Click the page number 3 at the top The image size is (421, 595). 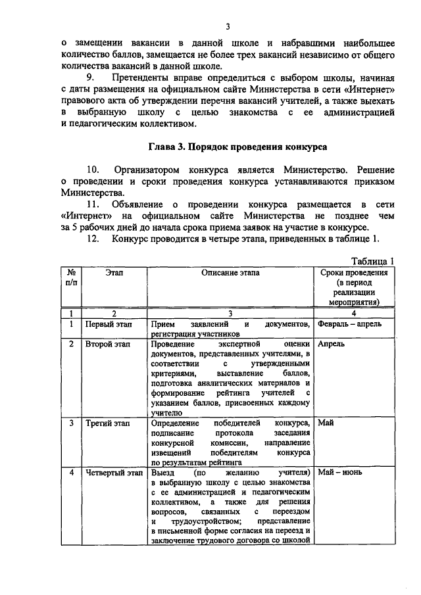click(x=227, y=26)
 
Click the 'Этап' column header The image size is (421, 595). click(x=114, y=272)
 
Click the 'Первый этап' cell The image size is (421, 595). click(x=109, y=324)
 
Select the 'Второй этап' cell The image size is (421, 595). click(x=109, y=344)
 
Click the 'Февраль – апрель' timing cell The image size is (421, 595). click(x=349, y=324)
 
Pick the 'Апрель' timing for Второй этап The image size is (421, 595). click(x=331, y=344)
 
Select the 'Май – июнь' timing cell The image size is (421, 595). click(x=339, y=473)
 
